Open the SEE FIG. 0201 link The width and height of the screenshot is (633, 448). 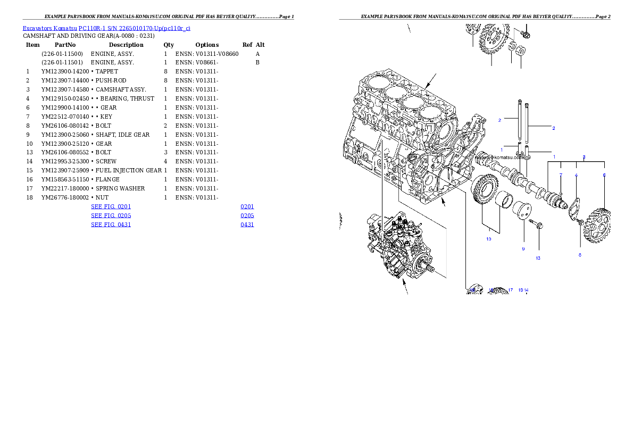pos(111,206)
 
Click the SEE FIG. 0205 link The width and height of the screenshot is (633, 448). pos(111,215)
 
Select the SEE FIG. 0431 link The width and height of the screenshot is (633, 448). pos(111,225)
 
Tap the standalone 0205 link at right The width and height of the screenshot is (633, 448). pos(247,215)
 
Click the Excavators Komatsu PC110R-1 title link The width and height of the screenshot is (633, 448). pos(106,28)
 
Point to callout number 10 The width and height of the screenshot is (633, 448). pos(488,239)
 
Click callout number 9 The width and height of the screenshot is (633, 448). pos(523,248)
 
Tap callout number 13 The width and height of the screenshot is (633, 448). pos(538,258)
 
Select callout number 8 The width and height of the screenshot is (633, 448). pos(580,254)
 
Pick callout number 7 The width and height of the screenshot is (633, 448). pos(560,175)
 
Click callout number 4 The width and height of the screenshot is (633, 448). pos(576,175)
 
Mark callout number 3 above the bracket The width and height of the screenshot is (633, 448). pos(584,157)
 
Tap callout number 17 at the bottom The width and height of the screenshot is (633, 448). pos(510,290)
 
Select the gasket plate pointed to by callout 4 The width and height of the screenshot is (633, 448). pos(573,208)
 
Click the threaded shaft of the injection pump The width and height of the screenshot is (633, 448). pos(431,269)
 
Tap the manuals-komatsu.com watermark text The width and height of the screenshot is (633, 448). pos(495,157)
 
